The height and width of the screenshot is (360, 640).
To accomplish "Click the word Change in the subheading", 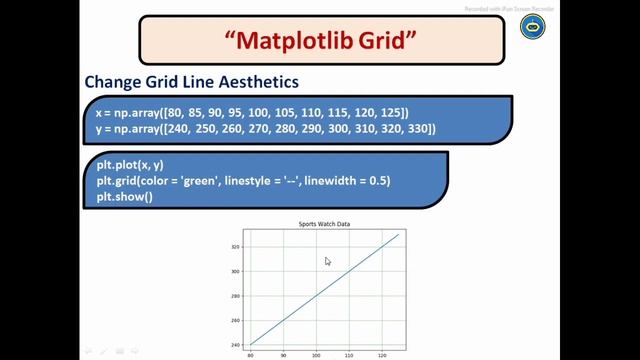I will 114,81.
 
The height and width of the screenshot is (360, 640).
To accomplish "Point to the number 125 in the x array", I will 388,113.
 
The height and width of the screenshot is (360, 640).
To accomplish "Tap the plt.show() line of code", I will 125,196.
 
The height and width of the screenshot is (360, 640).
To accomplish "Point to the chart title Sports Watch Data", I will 318,224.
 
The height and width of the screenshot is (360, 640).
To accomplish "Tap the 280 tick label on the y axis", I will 236,296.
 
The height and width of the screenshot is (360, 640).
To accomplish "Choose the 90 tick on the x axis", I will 283,354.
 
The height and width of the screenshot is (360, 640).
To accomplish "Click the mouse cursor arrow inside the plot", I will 327,261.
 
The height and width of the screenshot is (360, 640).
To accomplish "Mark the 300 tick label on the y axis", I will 236,271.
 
